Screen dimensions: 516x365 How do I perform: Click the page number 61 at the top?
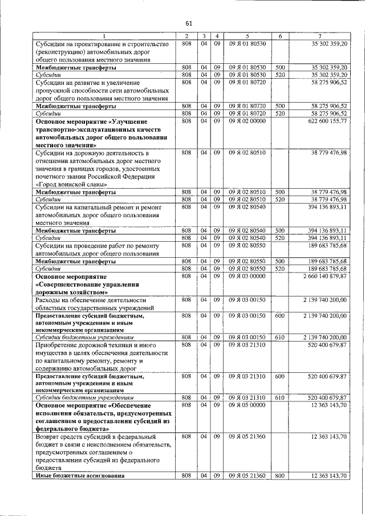188,23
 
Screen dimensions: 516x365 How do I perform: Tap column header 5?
248,36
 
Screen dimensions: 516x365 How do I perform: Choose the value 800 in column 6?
279,475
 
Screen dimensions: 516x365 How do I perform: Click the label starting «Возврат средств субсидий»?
95,436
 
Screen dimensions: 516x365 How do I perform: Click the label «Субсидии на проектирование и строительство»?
102,44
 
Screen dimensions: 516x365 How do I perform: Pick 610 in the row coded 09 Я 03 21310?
279,397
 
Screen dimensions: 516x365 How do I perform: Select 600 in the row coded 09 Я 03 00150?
279,315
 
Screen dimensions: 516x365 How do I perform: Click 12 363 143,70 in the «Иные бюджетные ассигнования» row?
330,475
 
